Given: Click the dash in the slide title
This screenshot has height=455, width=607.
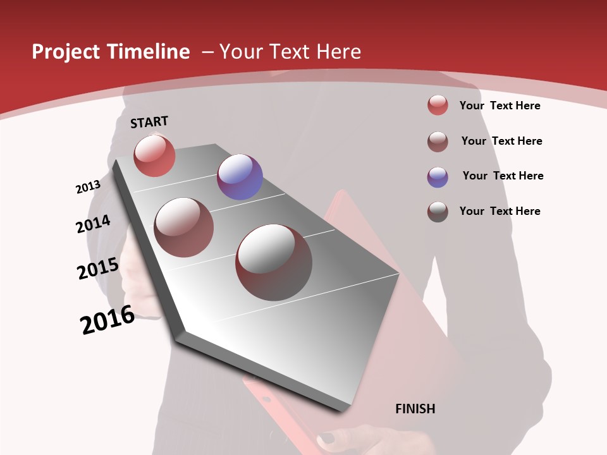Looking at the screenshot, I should [207, 52].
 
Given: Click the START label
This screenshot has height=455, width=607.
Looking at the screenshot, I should [149, 122].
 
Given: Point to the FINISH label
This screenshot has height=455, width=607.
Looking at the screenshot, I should [415, 409].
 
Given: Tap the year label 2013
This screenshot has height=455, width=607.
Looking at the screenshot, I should [88, 187].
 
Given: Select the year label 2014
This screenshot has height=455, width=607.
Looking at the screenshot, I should [93, 224].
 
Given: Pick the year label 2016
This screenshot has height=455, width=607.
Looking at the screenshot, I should [107, 320].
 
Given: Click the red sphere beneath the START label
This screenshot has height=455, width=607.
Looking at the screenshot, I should [154, 155].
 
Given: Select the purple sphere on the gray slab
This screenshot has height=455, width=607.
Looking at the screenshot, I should [240, 176].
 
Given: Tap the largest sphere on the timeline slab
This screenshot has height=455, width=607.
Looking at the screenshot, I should [274, 262].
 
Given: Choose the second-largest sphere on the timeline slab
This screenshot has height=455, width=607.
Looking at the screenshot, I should [184, 227].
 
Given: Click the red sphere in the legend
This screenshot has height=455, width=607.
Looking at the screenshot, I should [438, 105].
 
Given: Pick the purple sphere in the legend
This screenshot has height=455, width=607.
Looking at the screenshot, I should [438, 177].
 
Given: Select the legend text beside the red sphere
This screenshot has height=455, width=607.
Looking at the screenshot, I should [500, 106].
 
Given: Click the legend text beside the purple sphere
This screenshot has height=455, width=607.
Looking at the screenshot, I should [503, 176].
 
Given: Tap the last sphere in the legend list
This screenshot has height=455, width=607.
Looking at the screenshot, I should [438, 212].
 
